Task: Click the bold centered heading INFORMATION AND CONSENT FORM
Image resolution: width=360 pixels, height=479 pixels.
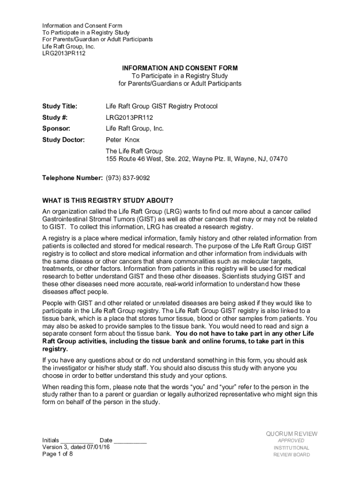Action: point(180,68)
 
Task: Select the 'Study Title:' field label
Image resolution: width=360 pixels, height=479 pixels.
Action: point(60,106)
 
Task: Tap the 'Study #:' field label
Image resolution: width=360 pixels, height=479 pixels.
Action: point(55,117)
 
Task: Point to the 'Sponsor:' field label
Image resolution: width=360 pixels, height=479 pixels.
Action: point(57,129)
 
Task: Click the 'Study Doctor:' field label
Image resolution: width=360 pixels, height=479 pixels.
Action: point(64,140)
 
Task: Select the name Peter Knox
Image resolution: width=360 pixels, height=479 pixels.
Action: point(122,140)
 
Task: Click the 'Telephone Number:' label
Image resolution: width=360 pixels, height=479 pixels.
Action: point(72,178)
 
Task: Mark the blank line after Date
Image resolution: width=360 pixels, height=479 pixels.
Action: point(130,441)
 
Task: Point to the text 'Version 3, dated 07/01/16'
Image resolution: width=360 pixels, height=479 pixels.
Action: point(76,447)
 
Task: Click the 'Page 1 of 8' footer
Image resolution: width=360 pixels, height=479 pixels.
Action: point(58,454)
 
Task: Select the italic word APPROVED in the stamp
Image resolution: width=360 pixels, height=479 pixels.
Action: point(291,441)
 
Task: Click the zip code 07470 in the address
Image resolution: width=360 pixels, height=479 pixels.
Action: point(278,159)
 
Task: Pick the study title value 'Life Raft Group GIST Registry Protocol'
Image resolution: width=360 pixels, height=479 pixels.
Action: point(161,106)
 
